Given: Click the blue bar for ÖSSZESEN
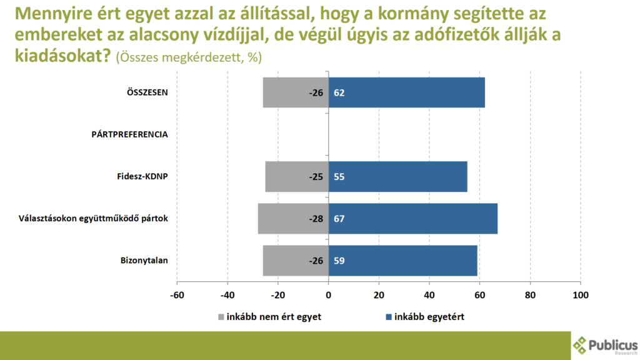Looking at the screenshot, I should pos(406,92).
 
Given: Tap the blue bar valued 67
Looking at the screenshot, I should pos(412,219).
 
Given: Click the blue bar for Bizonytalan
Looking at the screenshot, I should pos(402,261).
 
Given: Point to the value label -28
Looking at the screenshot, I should pos(316,219).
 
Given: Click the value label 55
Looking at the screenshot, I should pos(339,177).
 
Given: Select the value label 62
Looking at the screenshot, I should pos(339,93).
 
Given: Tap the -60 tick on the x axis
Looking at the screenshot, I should pos(177,295).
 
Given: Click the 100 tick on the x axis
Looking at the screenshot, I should pos(581,295).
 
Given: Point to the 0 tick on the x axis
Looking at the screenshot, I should pos(329,295).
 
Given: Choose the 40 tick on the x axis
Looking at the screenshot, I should pos(429,295).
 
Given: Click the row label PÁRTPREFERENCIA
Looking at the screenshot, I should pos(129,134).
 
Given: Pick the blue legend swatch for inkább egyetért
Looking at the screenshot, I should pos(388,317).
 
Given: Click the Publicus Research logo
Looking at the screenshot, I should pos(604,346).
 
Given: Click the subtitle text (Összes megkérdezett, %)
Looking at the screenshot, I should pos(189,56).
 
